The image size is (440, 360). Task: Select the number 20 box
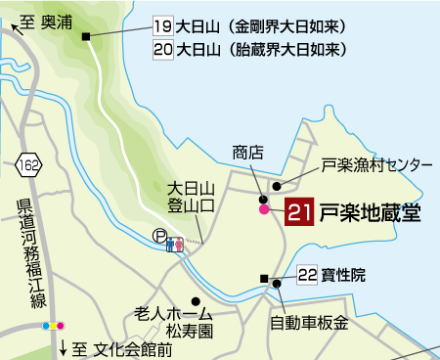tap(163, 47)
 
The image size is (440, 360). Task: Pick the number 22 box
tap(307, 276)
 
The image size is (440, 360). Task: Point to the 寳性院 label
tap(345, 276)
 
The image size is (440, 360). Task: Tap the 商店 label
tap(248, 153)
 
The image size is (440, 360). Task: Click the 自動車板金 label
tap(309, 321)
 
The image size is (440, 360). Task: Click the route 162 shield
tap(30, 161)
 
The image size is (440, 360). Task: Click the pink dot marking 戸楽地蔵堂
tap(263, 209)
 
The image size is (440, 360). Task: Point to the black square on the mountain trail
tap(87, 37)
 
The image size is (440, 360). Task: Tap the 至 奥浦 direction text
tap(41, 21)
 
